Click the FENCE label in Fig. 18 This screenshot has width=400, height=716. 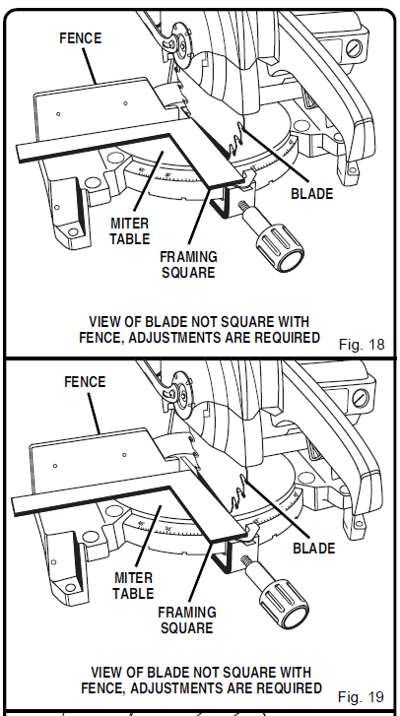(81, 37)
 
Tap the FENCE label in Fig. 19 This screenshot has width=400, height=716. (85, 382)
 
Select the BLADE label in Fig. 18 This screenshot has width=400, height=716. (312, 194)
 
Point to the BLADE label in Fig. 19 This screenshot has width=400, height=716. (314, 548)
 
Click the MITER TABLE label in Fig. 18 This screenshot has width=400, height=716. (130, 231)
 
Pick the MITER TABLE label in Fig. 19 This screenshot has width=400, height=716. (133, 586)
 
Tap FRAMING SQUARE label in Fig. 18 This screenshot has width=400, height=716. (188, 265)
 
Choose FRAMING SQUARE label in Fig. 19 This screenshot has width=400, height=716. (187, 619)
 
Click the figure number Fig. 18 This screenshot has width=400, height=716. (362, 344)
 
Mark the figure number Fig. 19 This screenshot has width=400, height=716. (362, 697)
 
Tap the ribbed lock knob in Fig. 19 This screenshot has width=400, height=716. (284, 604)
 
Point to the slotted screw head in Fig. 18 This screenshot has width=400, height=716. (354, 48)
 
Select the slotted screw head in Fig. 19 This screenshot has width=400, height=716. (361, 398)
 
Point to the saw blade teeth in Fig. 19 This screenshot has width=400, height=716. (239, 496)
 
